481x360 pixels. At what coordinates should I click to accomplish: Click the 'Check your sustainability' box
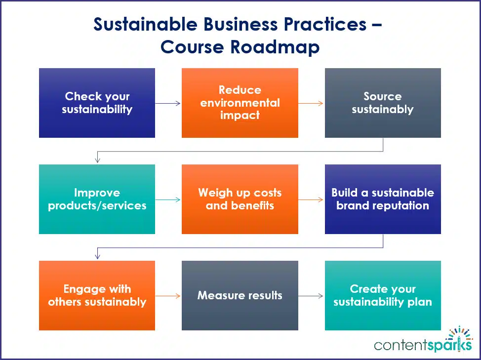click(x=97, y=103)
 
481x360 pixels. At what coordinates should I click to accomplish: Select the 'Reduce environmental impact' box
click(x=240, y=103)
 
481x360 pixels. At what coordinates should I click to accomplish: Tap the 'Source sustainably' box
click(x=383, y=103)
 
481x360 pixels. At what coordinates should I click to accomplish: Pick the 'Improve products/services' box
click(x=97, y=199)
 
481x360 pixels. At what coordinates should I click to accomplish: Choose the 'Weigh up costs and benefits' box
click(x=240, y=199)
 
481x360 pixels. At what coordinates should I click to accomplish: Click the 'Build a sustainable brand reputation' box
click(x=383, y=199)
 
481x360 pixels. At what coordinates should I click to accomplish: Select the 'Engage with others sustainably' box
click(x=97, y=295)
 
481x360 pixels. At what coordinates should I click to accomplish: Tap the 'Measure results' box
click(x=240, y=295)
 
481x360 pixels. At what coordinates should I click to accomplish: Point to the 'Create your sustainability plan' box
click(x=383, y=295)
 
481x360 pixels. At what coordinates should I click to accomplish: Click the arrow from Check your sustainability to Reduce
click(x=168, y=103)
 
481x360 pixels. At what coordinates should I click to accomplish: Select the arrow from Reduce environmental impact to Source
click(x=311, y=103)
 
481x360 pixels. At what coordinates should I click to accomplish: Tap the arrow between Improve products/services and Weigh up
click(x=168, y=200)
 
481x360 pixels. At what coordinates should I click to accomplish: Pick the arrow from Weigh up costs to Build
click(x=311, y=200)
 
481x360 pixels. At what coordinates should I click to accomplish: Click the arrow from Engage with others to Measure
click(x=168, y=296)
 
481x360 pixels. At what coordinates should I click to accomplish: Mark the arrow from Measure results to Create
click(x=311, y=296)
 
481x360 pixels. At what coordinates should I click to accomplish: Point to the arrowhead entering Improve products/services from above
click(x=98, y=160)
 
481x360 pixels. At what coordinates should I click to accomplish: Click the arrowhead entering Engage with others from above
click(x=98, y=256)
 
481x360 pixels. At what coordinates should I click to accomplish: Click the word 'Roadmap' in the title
click(x=275, y=47)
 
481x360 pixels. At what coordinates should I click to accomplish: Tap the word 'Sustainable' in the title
click(x=145, y=24)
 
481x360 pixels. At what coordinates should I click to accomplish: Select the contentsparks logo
click(x=423, y=339)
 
